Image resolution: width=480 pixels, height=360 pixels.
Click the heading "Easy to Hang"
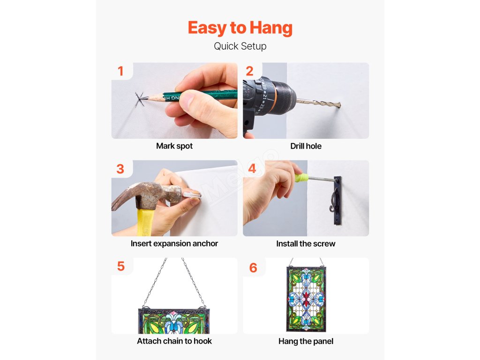pos(240,28)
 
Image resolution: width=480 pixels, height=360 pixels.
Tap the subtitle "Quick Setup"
pos(240,46)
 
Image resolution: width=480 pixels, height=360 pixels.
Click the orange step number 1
pos(120,71)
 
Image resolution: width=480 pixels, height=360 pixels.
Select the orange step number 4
pos(252,168)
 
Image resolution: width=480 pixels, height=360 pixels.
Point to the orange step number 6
pos(253,268)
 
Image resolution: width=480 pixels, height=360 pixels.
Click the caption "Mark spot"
pos(174,146)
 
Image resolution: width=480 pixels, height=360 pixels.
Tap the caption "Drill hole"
pos(306,146)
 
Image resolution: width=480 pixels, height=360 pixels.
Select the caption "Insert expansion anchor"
pos(174,243)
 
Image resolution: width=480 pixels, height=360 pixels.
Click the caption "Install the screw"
pos(306,244)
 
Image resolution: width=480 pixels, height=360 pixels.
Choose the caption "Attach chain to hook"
pos(174,341)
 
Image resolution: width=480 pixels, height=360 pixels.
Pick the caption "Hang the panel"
pos(306,341)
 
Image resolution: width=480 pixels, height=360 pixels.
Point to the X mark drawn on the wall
pos(140,98)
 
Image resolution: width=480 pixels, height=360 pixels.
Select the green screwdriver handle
pos(301,178)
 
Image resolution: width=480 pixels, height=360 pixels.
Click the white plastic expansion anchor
pos(192,195)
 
